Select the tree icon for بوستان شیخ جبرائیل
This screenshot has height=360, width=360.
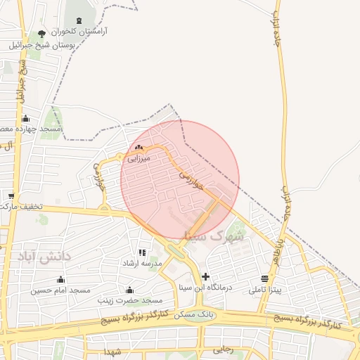41,34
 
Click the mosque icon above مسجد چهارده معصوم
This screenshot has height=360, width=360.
26,118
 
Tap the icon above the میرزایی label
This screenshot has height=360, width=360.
139,148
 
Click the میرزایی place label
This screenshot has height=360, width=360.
139,159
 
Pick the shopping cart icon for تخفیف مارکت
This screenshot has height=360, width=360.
11,195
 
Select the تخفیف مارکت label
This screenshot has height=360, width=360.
22,207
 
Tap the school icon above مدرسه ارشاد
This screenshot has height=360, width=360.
143,252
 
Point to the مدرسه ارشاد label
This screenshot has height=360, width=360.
143,263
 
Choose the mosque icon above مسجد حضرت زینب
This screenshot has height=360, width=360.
129,290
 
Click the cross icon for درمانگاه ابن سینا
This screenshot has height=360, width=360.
205,276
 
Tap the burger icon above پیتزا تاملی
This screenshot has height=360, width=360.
264,278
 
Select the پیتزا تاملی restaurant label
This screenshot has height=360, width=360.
265,290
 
